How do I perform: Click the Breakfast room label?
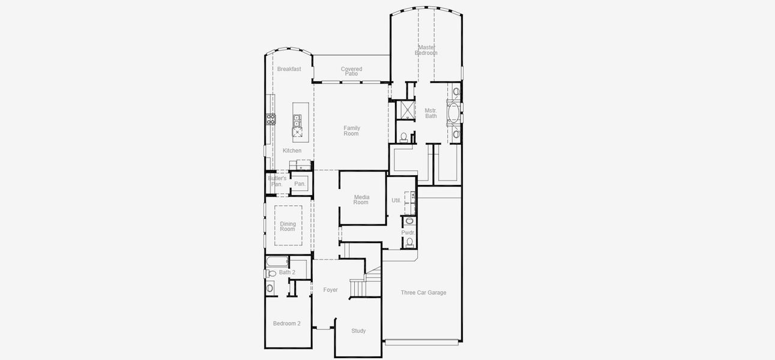289,69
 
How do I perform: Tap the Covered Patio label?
351,71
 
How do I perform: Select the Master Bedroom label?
426,50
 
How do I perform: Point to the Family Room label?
351,130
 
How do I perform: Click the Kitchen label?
292,151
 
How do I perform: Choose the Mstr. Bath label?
431,113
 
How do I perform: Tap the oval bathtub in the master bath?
453,112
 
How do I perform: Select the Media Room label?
361,200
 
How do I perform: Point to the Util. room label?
396,200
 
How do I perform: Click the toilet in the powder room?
409,242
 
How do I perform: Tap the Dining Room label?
288,226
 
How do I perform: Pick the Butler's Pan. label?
277,181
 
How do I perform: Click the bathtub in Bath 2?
277,262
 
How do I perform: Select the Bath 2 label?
287,272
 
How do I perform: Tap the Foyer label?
330,290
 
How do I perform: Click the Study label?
358,331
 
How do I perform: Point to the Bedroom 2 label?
286,323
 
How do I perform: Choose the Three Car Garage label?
423,293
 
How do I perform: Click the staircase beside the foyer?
358,287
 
